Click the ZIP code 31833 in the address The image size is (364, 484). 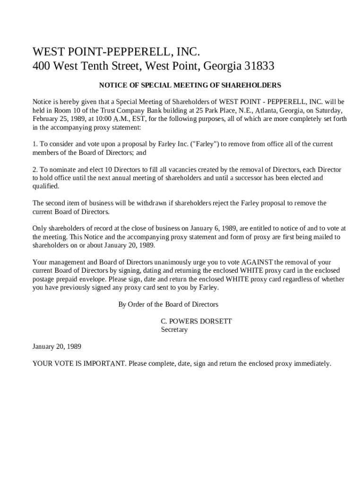click(259, 66)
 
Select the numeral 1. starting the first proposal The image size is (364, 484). click(35, 144)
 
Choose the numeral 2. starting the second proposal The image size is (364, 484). click(35, 170)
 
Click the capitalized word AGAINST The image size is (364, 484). click(257, 262)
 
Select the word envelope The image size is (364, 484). click(103, 279)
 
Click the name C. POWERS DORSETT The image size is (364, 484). click(196, 321)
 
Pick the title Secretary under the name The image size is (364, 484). click(174, 330)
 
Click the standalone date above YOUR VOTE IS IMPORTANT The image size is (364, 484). click(57, 346)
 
